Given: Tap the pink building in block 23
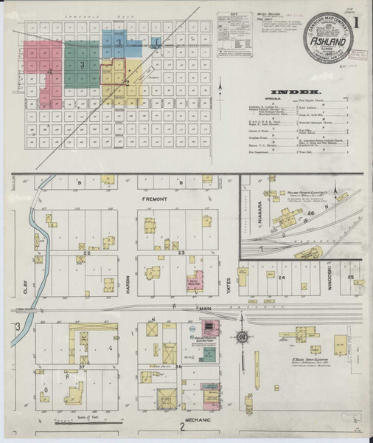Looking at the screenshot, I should point(193,284).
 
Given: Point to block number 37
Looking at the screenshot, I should point(83,365).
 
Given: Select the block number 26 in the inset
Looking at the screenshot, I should point(311,213).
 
